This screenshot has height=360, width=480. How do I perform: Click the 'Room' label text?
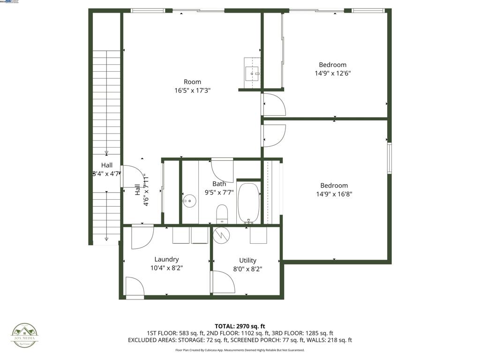[x=192, y=82]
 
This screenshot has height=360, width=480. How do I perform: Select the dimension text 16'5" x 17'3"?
[x=192, y=90]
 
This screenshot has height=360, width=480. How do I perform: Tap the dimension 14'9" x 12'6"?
[x=333, y=74]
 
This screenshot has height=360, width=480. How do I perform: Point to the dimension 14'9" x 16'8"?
[x=334, y=194]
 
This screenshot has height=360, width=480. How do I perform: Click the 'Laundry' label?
[x=166, y=260]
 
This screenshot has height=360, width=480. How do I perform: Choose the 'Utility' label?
[x=247, y=261]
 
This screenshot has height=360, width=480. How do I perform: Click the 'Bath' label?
[x=219, y=184]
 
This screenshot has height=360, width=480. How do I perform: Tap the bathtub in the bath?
[x=248, y=202]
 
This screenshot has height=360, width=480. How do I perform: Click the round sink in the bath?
[x=189, y=201]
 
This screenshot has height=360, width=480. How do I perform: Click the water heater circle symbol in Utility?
[x=221, y=235]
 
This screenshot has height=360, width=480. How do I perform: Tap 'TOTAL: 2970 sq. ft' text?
[x=240, y=326]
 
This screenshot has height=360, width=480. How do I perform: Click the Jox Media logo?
[x=25, y=336]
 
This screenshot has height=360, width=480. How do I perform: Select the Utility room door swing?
[x=223, y=282]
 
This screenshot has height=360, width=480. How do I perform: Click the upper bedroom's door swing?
[x=274, y=105]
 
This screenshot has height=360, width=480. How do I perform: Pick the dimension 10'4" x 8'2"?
[x=166, y=269]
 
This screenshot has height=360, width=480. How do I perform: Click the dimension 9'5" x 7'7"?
[x=219, y=192]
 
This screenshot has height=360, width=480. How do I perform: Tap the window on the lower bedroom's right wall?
[x=389, y=158]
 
